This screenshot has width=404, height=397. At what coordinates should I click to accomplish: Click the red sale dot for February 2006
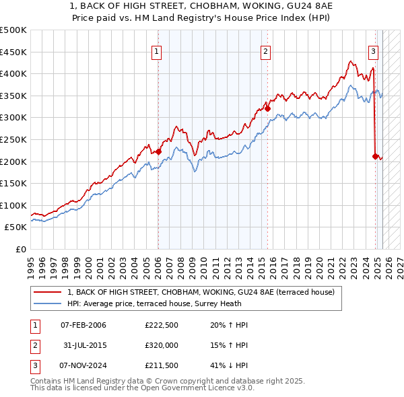click(x=158, y=151)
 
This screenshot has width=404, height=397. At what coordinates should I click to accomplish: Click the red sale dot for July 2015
click(x=267, y=108)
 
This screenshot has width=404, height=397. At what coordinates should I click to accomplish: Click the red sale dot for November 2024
click(x=375, y=156)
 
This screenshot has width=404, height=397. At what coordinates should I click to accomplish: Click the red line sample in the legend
click(x=48, y=292)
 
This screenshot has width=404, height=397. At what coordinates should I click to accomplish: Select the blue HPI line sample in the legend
click(x=48, y=303)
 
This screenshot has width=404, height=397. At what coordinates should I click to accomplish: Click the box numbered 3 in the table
click(x=34, y=365)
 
